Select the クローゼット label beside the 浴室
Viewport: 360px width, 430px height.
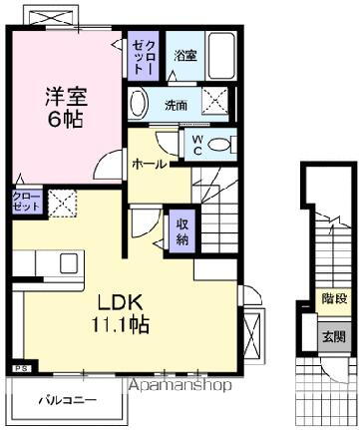point(140,57)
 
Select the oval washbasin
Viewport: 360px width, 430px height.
point(139,104)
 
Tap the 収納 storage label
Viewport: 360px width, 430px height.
point(183,230)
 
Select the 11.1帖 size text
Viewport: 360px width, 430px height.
point(122,326)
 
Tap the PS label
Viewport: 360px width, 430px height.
point(21,369)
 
